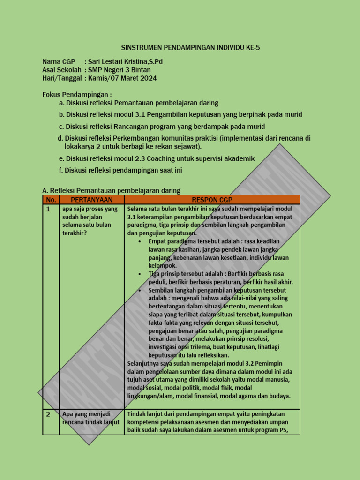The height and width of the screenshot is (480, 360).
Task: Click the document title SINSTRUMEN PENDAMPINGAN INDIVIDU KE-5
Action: pyautogui.click(x=190, y=48)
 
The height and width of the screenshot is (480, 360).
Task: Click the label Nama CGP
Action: pyautogui.click(x=59, y=62)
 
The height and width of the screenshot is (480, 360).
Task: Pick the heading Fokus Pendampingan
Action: pyautogui.click(x=77, y=95)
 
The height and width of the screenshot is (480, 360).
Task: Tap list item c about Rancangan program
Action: pyautogui.click(x=162, y=127)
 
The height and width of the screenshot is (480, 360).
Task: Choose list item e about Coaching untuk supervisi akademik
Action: pyautogui.click(x=157, y=158)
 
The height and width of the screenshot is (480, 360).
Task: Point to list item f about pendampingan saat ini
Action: pyautogui.click(x=120, y=170)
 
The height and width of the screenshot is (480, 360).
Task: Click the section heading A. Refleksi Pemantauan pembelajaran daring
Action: pyautogui.click(x=111, y=190)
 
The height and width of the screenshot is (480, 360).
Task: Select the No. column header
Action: pyautogui.click(x=51, y=200)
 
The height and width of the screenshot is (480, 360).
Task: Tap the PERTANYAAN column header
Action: pyautogui.click(x=91, y=200)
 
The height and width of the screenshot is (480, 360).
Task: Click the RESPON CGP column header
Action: pyautogui.click(x=212, y=200)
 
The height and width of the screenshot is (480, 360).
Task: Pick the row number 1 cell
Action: pyautogui.click(x=48, y=209)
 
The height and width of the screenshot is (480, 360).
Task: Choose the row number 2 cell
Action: pyautogui.click(x=48, y=414)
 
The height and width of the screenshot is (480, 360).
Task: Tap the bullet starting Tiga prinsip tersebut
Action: pyautogui.click(x=220, y=277)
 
